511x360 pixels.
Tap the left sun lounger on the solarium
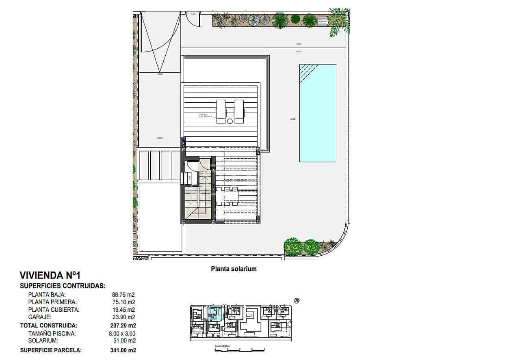tap(221, 111)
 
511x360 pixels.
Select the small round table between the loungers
tap(230, 121)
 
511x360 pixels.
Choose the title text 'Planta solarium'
tap(234, 269)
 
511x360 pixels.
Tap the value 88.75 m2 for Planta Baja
tap(123, 295)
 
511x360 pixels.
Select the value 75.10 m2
tap(123, 302)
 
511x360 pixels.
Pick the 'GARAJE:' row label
tap(40, 317)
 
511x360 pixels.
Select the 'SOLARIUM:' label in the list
tap(43, 341)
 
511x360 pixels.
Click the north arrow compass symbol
tap(297, 301)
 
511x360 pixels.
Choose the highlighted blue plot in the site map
tap(214, 314)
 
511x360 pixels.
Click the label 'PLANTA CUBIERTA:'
tap(54, 310)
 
